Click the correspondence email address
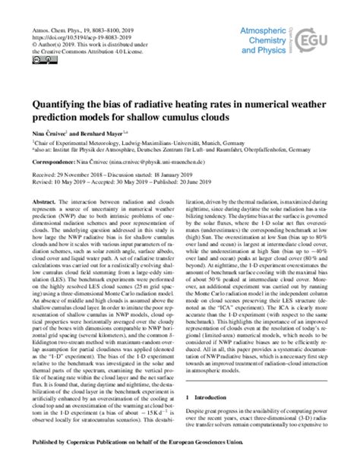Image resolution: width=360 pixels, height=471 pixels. pyautogui.click(x=174, y=162)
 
